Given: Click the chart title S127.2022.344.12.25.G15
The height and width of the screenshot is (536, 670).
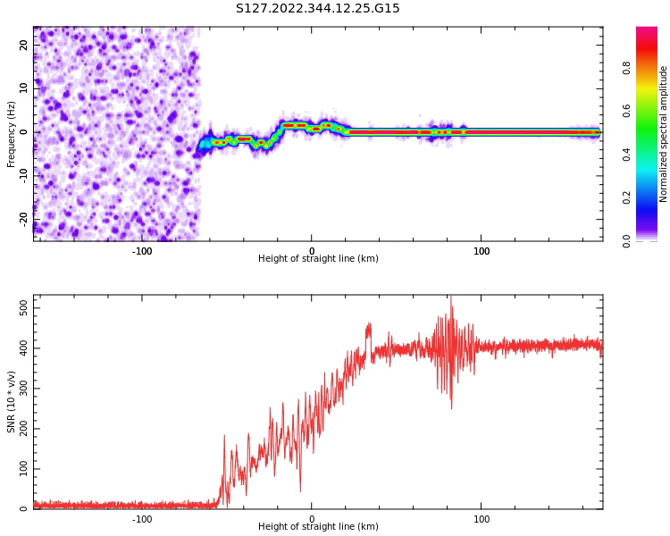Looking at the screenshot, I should point(317,9).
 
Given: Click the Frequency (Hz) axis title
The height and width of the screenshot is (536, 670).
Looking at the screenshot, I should point(12,134).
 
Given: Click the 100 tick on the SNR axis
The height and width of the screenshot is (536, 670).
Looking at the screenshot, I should point(20,469).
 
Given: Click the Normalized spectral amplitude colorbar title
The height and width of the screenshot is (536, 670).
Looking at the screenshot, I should point(664,134).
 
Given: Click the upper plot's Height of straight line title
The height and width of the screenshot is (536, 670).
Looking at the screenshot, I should point(318,259).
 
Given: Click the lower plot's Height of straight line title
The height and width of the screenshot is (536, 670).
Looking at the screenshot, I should point(318,527).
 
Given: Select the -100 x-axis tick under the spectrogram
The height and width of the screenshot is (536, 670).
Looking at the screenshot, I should point(142,251).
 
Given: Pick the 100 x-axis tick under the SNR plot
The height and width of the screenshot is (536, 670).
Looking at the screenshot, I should point(482,519).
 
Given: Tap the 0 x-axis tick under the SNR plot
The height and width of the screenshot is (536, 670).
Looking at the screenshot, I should point(312,519).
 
